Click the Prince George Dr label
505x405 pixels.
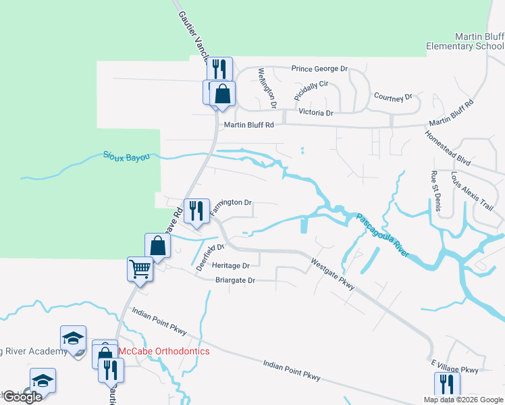pyautogui.click(x=319, y=69)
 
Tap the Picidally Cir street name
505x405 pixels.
pyautogui.click(x=311, y=91)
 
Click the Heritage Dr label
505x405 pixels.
pyautogui.click(x=231, y=265)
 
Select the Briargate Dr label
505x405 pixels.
pyautogui.click(x=235, y=280)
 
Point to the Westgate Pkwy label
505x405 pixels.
pyautogui.click(x=332, y=274)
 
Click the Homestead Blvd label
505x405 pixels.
pyautogui.click(x=447, y=144)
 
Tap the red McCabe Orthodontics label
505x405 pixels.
pyautogui.click(x=164, y=352)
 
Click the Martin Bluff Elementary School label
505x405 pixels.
pyautogui.click(x=465, y=42)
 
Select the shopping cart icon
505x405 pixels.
pyautogui.click(x=140, y=269)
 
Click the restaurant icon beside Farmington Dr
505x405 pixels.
pyautogui.click(x=195, y=211)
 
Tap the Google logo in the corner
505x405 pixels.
pyautogui.click(x=22, y=397)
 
